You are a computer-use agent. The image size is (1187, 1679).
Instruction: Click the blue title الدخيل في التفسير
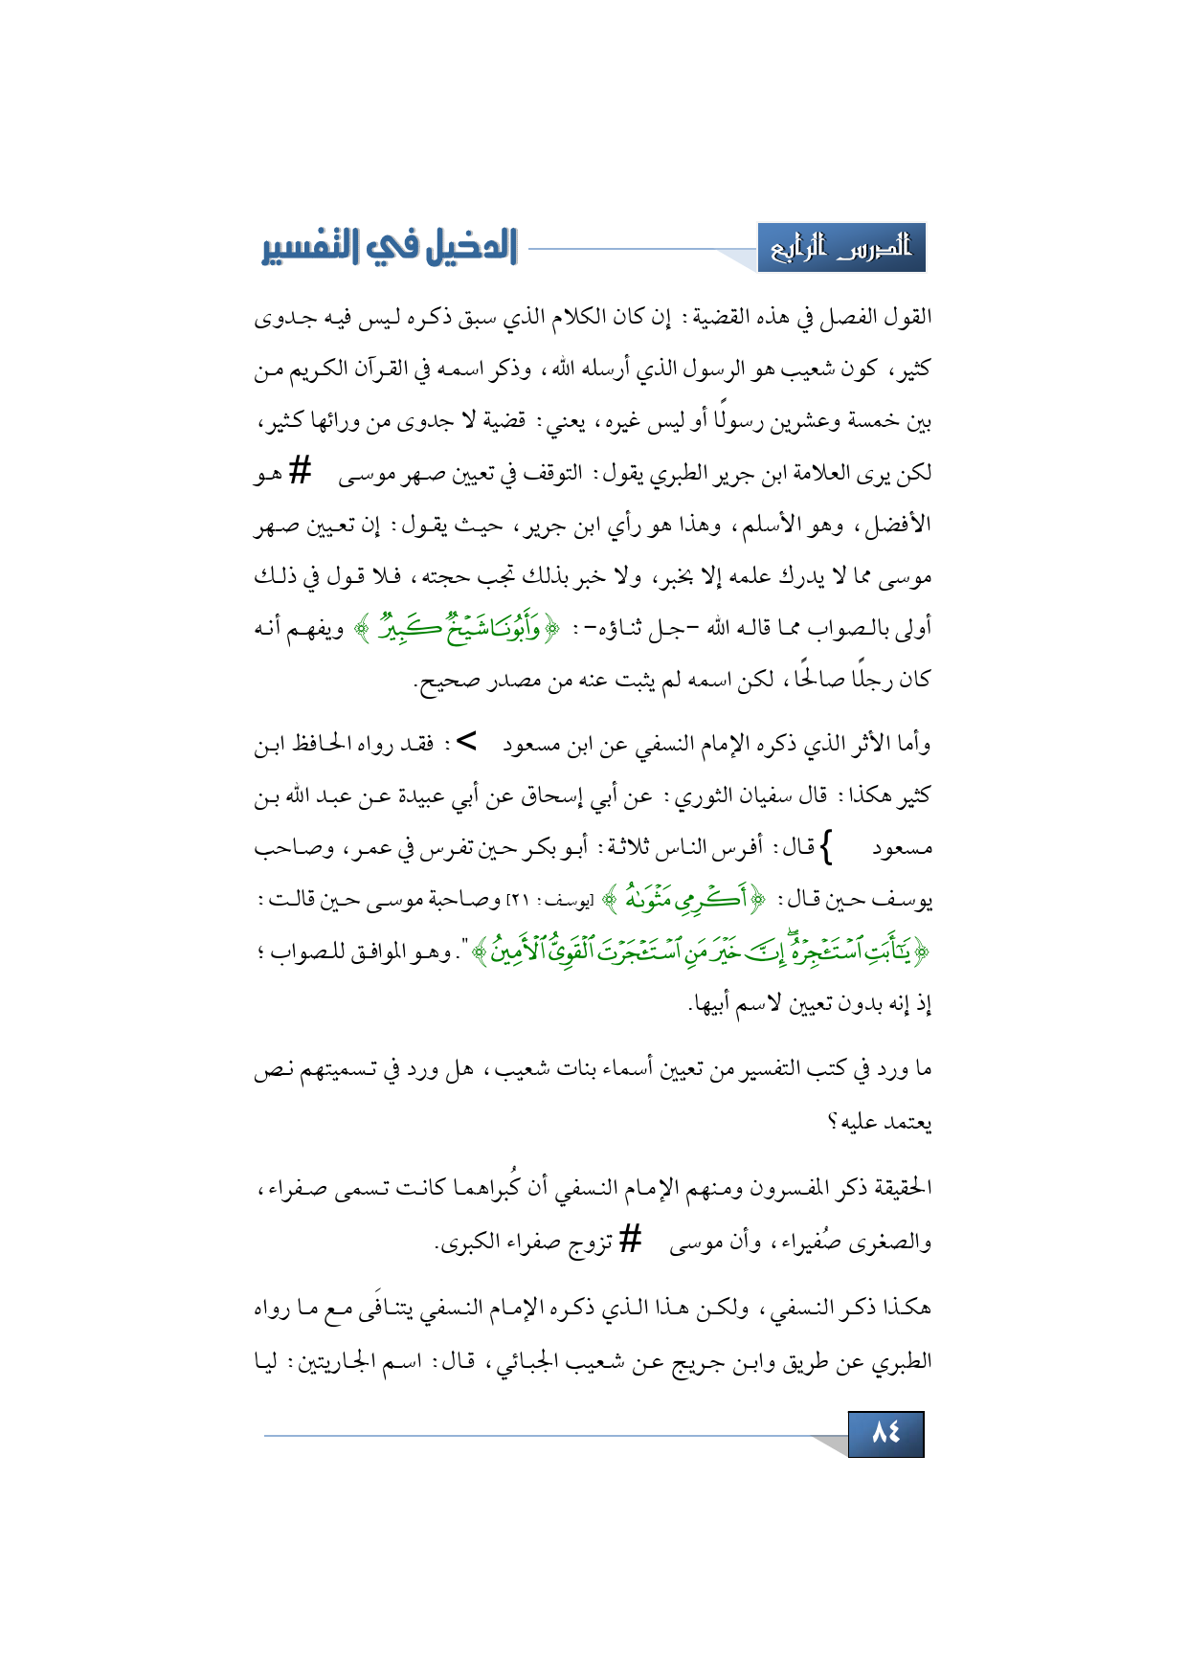pyautogui.click(x=390, y=247)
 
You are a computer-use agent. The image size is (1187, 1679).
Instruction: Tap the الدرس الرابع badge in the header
pyautogui.click(x=841, y=248)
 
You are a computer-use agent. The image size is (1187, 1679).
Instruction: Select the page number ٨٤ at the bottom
pyautogui.click(x=885, y=1433)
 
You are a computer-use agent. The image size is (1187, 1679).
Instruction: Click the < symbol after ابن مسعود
pyautogui.click(x=467, y=742)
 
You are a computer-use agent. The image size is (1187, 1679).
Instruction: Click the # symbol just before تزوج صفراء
pyautogui.click(x=629, y=1239)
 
